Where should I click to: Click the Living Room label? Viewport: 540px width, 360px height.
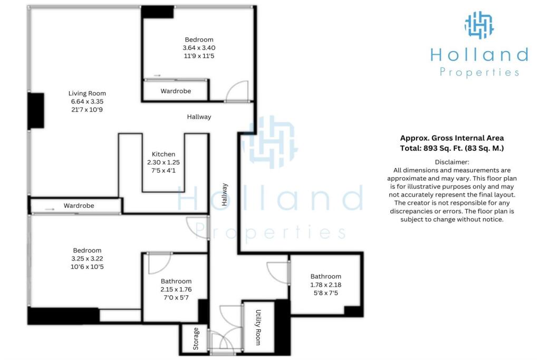pyautogui.click(x=87, y=93)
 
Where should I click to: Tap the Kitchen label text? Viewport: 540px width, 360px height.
pyautogui.click(x=163, y=154)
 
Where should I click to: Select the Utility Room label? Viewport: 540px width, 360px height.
pyautogui.click(x=258, y=327)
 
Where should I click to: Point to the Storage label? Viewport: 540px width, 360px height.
pyautogui.click(x=196, y=339)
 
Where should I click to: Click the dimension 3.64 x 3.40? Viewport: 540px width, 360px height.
pyautogui.click(x=199, y=48)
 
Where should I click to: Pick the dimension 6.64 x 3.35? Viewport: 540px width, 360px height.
pyautogui.click(x=87, y=102)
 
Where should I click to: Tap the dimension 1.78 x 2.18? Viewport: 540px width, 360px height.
pyautogui.click(x=326, y=285)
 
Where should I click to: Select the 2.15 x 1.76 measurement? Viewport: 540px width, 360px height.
pyautogui.click(x=176, y=289)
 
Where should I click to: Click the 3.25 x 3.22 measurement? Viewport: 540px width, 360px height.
pyautogui.click(x=87, y=258)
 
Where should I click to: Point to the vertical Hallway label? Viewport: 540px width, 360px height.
pyautogui.click(x=225, y=195)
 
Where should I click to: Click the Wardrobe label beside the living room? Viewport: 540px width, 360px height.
pyautogui.click(x=79, y=206)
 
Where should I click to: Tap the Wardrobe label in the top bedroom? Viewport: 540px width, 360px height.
pyautogui.click(x=176, y=91)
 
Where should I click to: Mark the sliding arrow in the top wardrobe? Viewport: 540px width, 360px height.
pyautogui.click(x=157, y=75)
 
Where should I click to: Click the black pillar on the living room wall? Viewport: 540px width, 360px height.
pyautogui.click(x=36, y=111)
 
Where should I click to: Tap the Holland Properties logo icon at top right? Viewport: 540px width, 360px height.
pyautogui.click(x=479, y=25)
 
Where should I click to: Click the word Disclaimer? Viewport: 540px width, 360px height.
pyautogui.click(x=452, y=162)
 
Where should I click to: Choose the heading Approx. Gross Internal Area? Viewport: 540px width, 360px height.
pyautogui.click(x=452, y=138)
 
